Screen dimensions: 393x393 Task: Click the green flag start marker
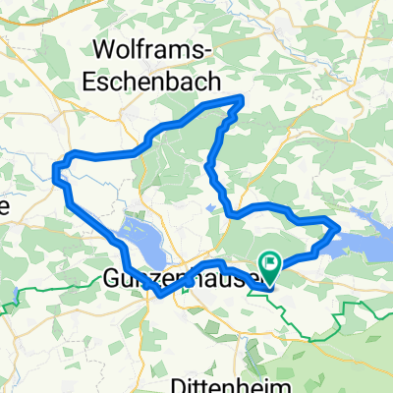(270, 262)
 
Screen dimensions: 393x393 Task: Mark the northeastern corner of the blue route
(243, 97)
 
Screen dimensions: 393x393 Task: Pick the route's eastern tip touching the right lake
(339, 229)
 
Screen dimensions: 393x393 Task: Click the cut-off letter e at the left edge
(4, 206)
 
